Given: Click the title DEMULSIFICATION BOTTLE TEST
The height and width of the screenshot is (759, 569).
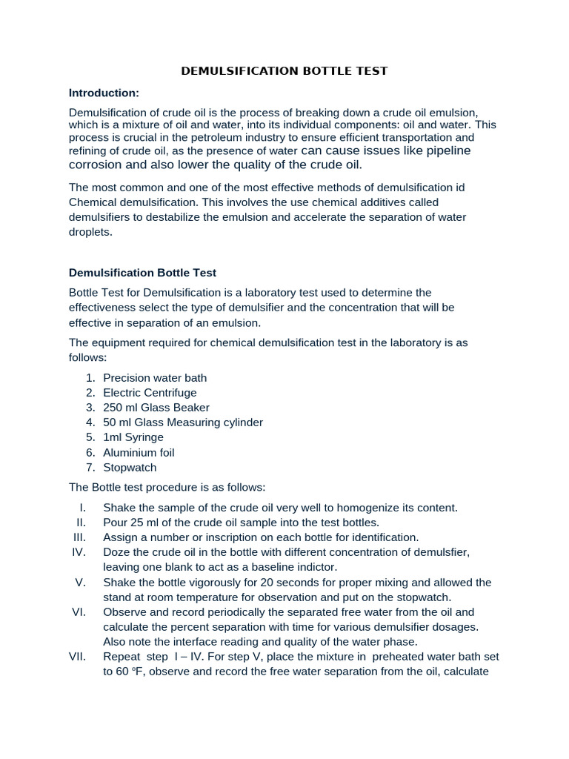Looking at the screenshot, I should pyautogui.click(x=284, y=71).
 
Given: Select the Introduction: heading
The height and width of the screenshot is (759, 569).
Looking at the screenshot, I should pyautogui.click(x=104, y=93).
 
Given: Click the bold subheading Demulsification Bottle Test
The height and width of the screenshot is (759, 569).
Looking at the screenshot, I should pyautogui.click(x=142, y=273).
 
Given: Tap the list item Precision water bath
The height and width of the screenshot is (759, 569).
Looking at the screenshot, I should pyautogui.click(x=155, y=378).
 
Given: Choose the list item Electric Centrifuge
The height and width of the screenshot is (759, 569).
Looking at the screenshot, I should pyautogui.click(x=150, y=393).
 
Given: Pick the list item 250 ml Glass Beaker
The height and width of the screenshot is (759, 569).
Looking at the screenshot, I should pyautogui.click(x=156, y=408).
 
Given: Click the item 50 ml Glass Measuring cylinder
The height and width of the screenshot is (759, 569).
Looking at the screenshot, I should pyautogui.click(x=183, y=422).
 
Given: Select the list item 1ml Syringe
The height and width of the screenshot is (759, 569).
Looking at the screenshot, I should pyautogui.click(x=133, y=437).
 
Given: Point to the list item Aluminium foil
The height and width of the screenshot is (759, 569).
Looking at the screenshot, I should pyautogui.click(x=139, y=452).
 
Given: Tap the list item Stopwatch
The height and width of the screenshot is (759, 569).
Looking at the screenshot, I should pyautogui.click(x=130, y=468).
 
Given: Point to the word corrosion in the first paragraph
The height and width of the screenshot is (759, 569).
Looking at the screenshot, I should pyautogui.click(x=94, y=165).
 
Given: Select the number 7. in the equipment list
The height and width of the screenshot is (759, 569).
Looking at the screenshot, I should pyautogui.click(x=90, y=468).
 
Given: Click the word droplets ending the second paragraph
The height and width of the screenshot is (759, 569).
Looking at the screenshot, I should pyautogui.click(x=90, y=232).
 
